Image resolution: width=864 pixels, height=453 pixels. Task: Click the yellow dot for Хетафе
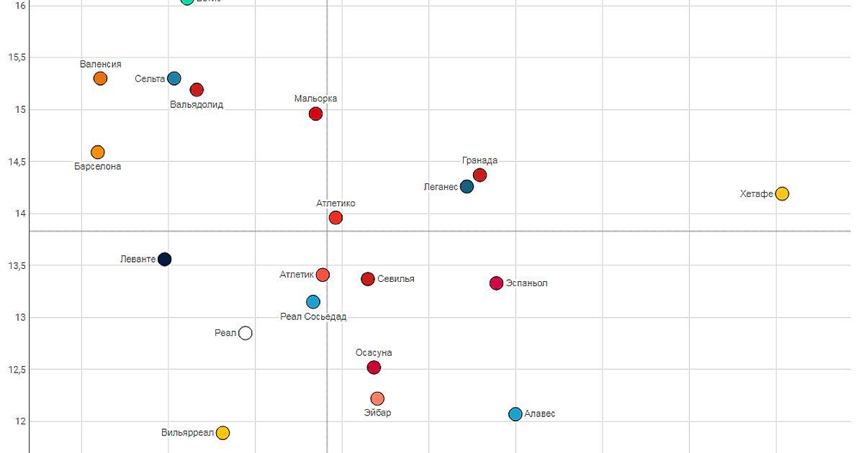[782, 193]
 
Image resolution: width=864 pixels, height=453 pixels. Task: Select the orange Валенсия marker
[100, 78]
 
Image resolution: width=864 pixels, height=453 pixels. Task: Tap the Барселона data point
[98, 152]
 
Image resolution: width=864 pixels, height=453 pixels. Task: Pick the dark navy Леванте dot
[164, 259]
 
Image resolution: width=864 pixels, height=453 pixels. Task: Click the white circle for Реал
[246, 333]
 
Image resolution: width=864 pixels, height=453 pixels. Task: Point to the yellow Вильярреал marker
[223, 433]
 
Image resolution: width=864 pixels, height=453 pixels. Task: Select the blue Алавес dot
[516, 414]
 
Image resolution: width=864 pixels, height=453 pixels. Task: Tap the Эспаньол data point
[496, 283]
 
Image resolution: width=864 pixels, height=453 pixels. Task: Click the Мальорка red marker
[315, 114]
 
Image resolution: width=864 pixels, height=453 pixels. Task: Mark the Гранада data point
[480, 175]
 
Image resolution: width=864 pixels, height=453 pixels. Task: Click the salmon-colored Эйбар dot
[377, 398]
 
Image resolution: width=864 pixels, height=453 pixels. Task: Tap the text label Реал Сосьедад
[313, 316]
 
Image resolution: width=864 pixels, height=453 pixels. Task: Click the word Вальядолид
[197, 104]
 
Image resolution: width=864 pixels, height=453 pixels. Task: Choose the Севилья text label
[396, 279]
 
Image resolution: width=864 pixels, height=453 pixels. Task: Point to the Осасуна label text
[374, 353]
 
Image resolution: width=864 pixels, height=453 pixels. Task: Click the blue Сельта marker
[174, 78]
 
